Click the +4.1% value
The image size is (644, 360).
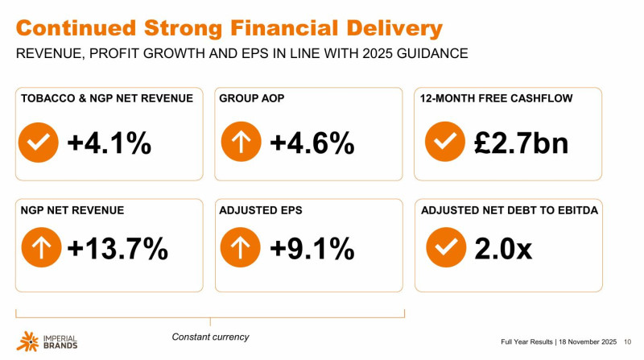coord(109,143)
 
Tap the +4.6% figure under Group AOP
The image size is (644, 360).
coord(312,143)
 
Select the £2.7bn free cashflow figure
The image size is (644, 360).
coord(521,143)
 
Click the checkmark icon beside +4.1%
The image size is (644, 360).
coord(38,143)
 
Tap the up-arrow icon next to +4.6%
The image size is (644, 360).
coord(240,143)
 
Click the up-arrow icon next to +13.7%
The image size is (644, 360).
coord(38,248)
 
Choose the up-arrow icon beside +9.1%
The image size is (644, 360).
coord(240,248)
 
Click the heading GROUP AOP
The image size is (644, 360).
coord(251,99)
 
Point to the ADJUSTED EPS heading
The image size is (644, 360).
coord(258,210)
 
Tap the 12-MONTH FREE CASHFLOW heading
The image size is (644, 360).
coord(495,99)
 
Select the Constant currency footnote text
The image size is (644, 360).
coord(210,337)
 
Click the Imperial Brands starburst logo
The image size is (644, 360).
coord(26,341)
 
